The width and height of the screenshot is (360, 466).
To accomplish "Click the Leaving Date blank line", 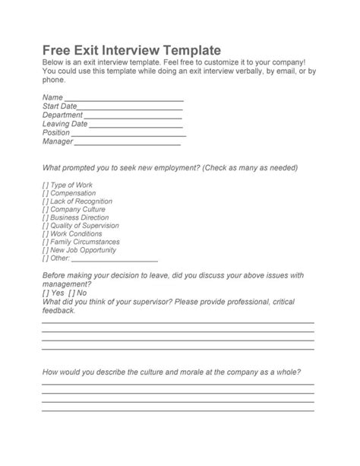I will click(x=135, y=124).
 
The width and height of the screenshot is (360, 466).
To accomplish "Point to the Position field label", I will click(x=56, y=132).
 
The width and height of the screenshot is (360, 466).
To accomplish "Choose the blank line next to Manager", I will click(x=127, y=141).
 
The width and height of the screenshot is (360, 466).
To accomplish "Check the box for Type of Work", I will click(x=45, y=185).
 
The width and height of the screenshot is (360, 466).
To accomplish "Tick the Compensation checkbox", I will click(x=45, y=193).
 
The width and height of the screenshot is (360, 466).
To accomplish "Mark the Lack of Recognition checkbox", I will click(x=45, y=201).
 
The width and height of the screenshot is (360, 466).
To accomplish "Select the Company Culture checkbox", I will click(x=45, y=210).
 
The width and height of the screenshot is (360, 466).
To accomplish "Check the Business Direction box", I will click(x=45, y=217).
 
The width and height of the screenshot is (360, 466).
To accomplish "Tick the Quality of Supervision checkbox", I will click(x=45, y=226).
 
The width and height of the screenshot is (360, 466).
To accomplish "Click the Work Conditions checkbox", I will click(x=45, y=234).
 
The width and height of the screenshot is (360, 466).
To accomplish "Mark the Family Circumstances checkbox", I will click(x=45, y=243).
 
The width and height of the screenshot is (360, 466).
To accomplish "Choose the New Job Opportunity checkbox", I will click(x=45, y=250).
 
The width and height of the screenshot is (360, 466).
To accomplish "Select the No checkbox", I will click(x=71, y=293).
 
